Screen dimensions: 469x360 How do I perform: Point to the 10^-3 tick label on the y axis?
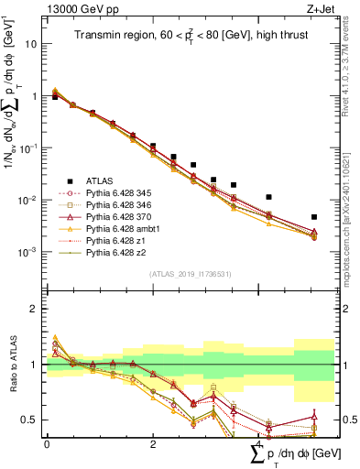click(27, 251)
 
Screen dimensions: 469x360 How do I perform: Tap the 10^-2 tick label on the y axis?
click(27, 199)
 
